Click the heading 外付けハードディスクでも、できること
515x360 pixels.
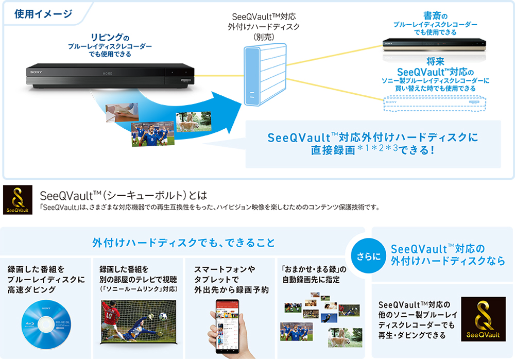[183, 242]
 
